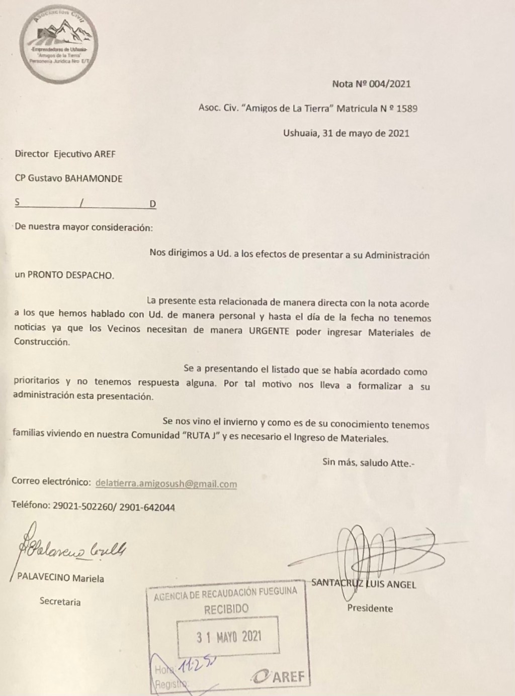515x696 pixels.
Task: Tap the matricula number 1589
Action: click(407, 108)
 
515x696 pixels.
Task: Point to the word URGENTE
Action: click(269, 332)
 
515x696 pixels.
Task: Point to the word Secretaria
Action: click(60, 602)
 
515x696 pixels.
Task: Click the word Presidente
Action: click(370, 608)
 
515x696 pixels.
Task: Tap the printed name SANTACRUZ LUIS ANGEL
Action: click(364, 584)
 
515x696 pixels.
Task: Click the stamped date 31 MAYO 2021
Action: click(229, 637)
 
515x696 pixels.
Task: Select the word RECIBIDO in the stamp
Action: click(226, 610)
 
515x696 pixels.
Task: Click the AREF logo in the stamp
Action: click(279, 676)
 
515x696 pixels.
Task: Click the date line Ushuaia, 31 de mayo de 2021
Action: click(346, 133)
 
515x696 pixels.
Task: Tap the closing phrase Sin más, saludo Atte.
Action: click(369, 462)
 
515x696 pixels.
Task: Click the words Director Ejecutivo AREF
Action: click(65, 154)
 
